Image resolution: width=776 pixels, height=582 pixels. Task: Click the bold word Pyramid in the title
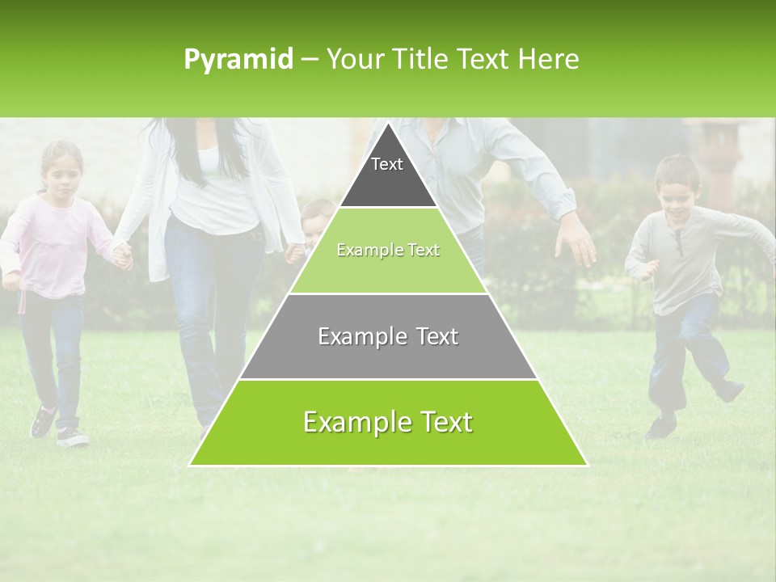coord(238,60)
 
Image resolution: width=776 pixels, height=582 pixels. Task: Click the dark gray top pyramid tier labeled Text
coord(387,174)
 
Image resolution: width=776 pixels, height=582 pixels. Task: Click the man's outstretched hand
coord(576,242)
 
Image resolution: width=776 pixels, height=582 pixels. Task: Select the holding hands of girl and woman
coord(122,255)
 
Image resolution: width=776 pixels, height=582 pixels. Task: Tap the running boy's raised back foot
coord(729,390)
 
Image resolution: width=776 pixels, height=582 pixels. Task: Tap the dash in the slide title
coord(310,60)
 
